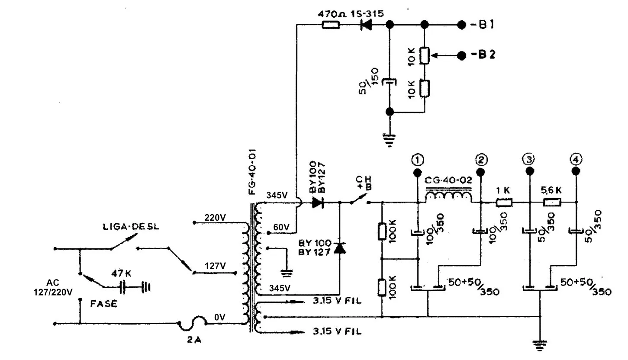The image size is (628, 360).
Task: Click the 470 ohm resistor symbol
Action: click(331, 25)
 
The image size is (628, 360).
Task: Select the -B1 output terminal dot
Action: click(461, 25)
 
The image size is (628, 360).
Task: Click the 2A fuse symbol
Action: click(193, 323)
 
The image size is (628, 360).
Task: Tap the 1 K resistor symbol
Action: click(504, 202)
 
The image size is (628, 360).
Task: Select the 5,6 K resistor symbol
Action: click(552, 202)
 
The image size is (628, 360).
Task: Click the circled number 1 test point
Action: click(418, 160)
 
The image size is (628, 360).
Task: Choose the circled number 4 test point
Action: click(576, 160)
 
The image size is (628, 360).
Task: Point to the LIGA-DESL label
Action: click(131, 227)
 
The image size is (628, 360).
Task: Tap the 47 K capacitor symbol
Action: click(122, 287)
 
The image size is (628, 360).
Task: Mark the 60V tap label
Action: click(281, 227)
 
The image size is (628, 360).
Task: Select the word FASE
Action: click(104, 304)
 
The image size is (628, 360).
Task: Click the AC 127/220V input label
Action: click(53, 287)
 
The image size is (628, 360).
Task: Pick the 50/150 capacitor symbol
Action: click(390, 82)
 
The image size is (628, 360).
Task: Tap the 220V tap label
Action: click(215, 218)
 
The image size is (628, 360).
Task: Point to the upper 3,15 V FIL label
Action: click(337, 301)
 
